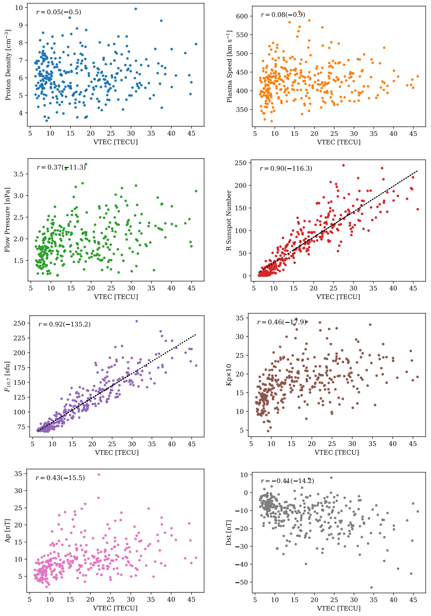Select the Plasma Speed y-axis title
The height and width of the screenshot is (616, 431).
(229, 66)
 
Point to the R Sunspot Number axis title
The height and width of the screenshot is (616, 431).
(229, 220)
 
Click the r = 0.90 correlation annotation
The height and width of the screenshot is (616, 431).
(286, 169)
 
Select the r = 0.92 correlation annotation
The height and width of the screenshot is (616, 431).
(64, 324)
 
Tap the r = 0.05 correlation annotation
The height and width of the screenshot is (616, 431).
(59, 12)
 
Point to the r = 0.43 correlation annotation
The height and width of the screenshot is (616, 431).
(60, 478)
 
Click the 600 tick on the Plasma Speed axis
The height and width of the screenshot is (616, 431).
(242, 16)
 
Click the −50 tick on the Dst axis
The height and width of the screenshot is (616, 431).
(240, 582)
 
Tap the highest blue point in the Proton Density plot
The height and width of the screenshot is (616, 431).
(136, 9)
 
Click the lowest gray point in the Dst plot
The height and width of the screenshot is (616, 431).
(371, 587)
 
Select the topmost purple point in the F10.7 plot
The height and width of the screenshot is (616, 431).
(137, 321)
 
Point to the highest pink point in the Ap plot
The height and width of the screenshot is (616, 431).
(99, 474)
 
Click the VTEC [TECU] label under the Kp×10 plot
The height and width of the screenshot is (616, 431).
(336, 452)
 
